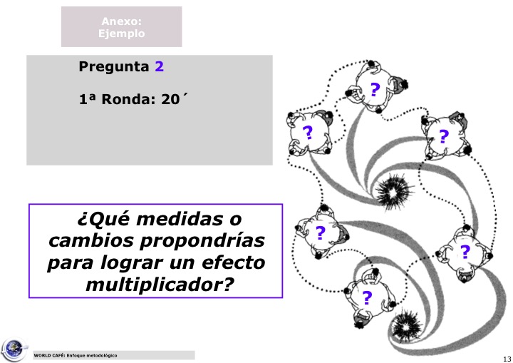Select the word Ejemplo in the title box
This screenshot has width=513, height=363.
(121, 34)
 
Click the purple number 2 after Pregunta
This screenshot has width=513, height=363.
(160, 68)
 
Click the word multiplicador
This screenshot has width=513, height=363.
(158, 285)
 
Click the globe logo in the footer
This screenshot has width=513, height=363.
(13, 349)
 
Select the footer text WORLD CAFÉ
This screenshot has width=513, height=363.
(49, 355)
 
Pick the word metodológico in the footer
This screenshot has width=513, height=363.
(100, 355)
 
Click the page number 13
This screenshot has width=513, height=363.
(507, 358)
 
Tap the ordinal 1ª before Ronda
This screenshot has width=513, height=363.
(86, 100)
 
